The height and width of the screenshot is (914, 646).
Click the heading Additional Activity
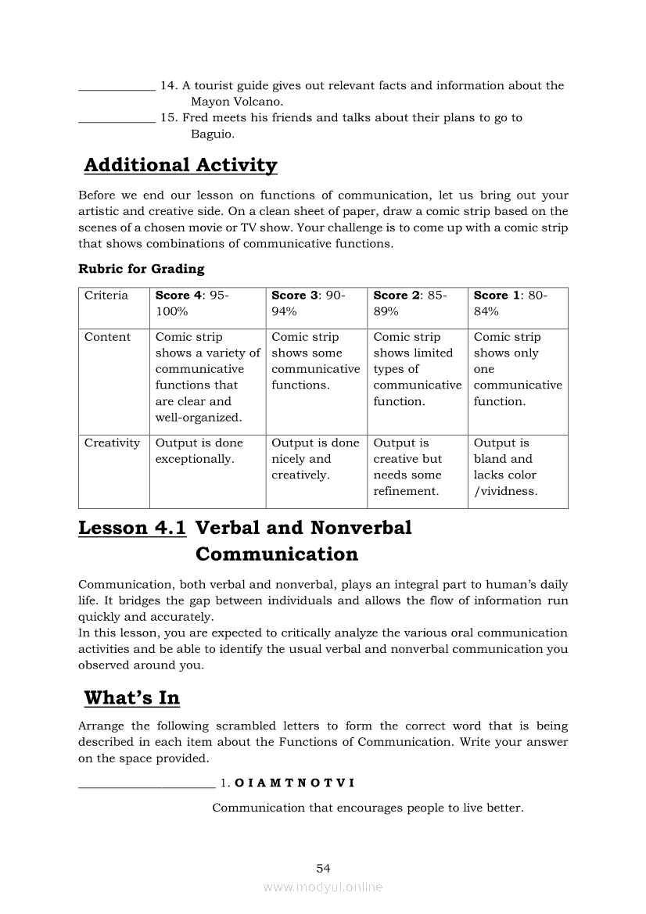point(180,165)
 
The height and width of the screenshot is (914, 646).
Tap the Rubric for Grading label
point(141,269)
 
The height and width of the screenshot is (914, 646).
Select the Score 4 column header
point(192,303)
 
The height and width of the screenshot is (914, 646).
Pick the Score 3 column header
point(308,303)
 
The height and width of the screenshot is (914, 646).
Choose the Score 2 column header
point(410,303)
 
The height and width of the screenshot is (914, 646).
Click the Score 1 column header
point(511,303)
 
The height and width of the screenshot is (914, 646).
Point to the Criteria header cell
point(106,296)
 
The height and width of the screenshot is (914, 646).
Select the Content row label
point(108,337)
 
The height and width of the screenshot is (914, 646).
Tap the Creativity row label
point(113,443)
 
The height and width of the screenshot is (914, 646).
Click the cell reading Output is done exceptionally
point(199,451)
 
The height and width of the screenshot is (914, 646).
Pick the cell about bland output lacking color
point(506,467)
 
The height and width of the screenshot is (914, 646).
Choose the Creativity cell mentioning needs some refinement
point(407,467)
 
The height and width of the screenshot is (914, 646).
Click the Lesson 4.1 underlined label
point(132,528)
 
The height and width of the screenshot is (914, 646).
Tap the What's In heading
point(131,697)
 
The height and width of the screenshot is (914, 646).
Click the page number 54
point(324,868)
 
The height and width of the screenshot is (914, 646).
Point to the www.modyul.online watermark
point(323,887)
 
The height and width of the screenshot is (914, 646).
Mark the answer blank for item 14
point(117,87)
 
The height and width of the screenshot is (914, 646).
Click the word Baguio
point(212,134)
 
